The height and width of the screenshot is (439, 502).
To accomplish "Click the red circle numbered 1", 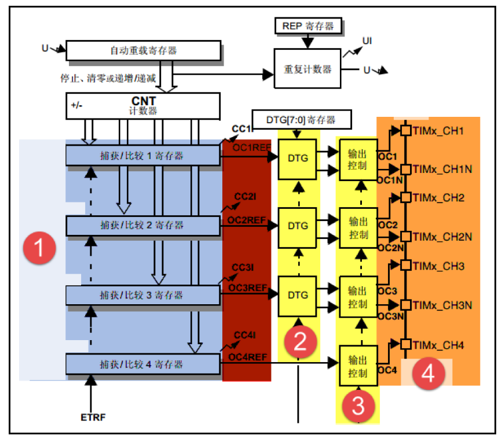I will tap(39, 249).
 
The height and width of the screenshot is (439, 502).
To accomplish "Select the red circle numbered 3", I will tap(358, 405).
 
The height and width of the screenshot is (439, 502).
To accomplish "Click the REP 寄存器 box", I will tap(308, 26).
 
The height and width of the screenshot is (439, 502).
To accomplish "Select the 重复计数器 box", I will tap(307, 68).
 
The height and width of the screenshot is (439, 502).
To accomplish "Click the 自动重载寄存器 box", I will tap(144, 50).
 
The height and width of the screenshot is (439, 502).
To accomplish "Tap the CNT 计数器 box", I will tap(144, 105).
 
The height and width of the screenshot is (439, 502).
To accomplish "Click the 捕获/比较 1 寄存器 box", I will tap(144, 155).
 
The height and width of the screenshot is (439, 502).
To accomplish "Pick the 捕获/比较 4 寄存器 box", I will tap(144, 364).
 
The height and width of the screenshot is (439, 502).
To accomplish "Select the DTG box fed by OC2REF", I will tap(298, 226).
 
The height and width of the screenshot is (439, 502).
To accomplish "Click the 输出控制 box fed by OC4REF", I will tap(358, 366).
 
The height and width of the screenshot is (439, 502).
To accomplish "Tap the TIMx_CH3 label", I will tap(439, 266).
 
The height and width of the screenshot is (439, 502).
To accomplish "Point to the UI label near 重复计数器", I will tap(367, 40).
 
